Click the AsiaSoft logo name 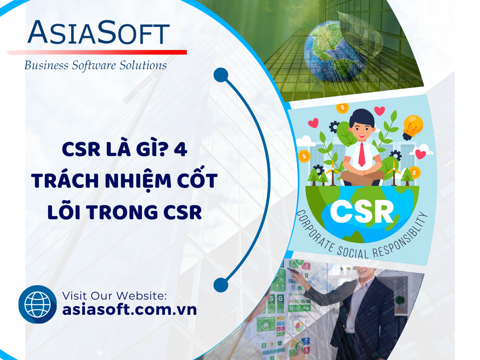pos(99,32)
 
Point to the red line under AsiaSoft pos(97,52)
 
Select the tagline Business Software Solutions pos(96,66)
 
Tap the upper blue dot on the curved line pos(221,75)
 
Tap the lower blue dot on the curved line pos(221,285)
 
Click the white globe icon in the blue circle pos(38,304)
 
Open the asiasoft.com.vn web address pos(130,310)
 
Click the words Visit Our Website pos(114,296)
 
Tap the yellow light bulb pos(412,127)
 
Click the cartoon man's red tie pos(362,154)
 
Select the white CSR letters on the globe pos(362,211)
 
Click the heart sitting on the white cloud pos(420,154)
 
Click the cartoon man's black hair pos(362,118)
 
